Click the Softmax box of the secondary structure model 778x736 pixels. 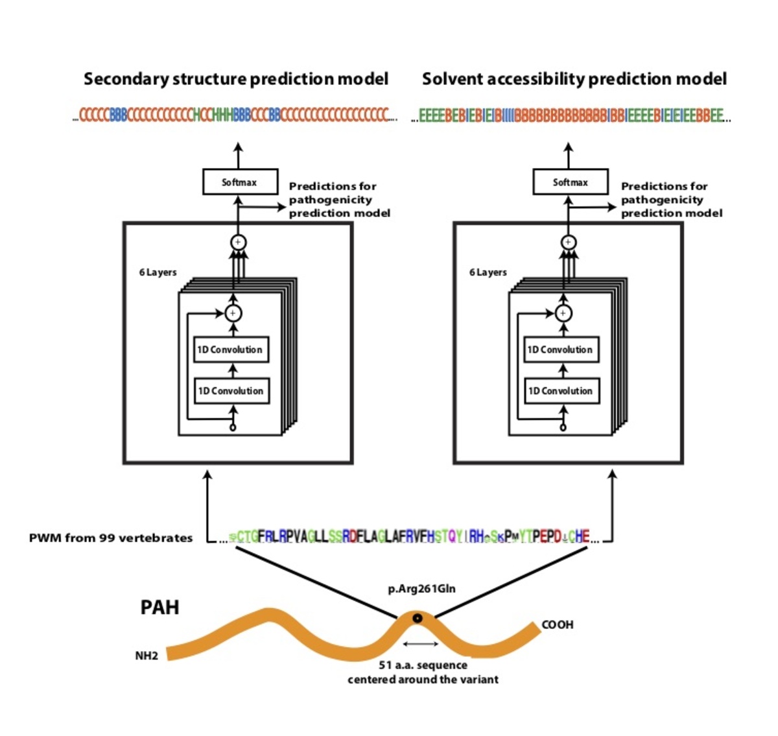pyautogui.click(x=240, y=182)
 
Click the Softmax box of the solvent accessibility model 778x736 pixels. pyautogui.click(x=570, y=182)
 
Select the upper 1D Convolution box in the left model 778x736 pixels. pyautogui.click(x=231, y=350)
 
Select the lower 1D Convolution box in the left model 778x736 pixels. pyautogui.click(x=231, y=391)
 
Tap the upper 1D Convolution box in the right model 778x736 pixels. pyautogui.click(x=561, y=350)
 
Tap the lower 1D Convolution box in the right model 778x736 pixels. pyautogui.click(x=561, y=391)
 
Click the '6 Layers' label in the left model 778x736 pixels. pyautogui.click(x=158, y=272)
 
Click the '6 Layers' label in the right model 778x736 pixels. pyautogui.click(x=488, y=272)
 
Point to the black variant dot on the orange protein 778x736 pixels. pyautogui.click(x=418, y=618)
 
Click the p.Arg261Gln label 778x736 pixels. pyautogui.click(x=421, y=589)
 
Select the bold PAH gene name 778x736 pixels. pyautogui.click(x=159, y=608)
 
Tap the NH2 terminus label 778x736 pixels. pyautogui.click(x=147, y=656)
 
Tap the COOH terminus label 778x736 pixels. pyautogui.click(x=558, y=624)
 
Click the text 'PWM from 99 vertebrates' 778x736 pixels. pyautogui.click(x=111, y=538)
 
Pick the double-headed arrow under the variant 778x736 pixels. pyautogui.click(x=421, y=644)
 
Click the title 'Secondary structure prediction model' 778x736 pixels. pyautogui.click(x=236, y=79)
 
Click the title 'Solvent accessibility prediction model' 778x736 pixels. pyautogui.click(x=574, y=79)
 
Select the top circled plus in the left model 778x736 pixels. pyautogui.click(x=238, y=242)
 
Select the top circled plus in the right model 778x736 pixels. pyautogui.click(x=568, y=242)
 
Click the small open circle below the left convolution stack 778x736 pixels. pyautogui.click(x=233, y=427)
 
